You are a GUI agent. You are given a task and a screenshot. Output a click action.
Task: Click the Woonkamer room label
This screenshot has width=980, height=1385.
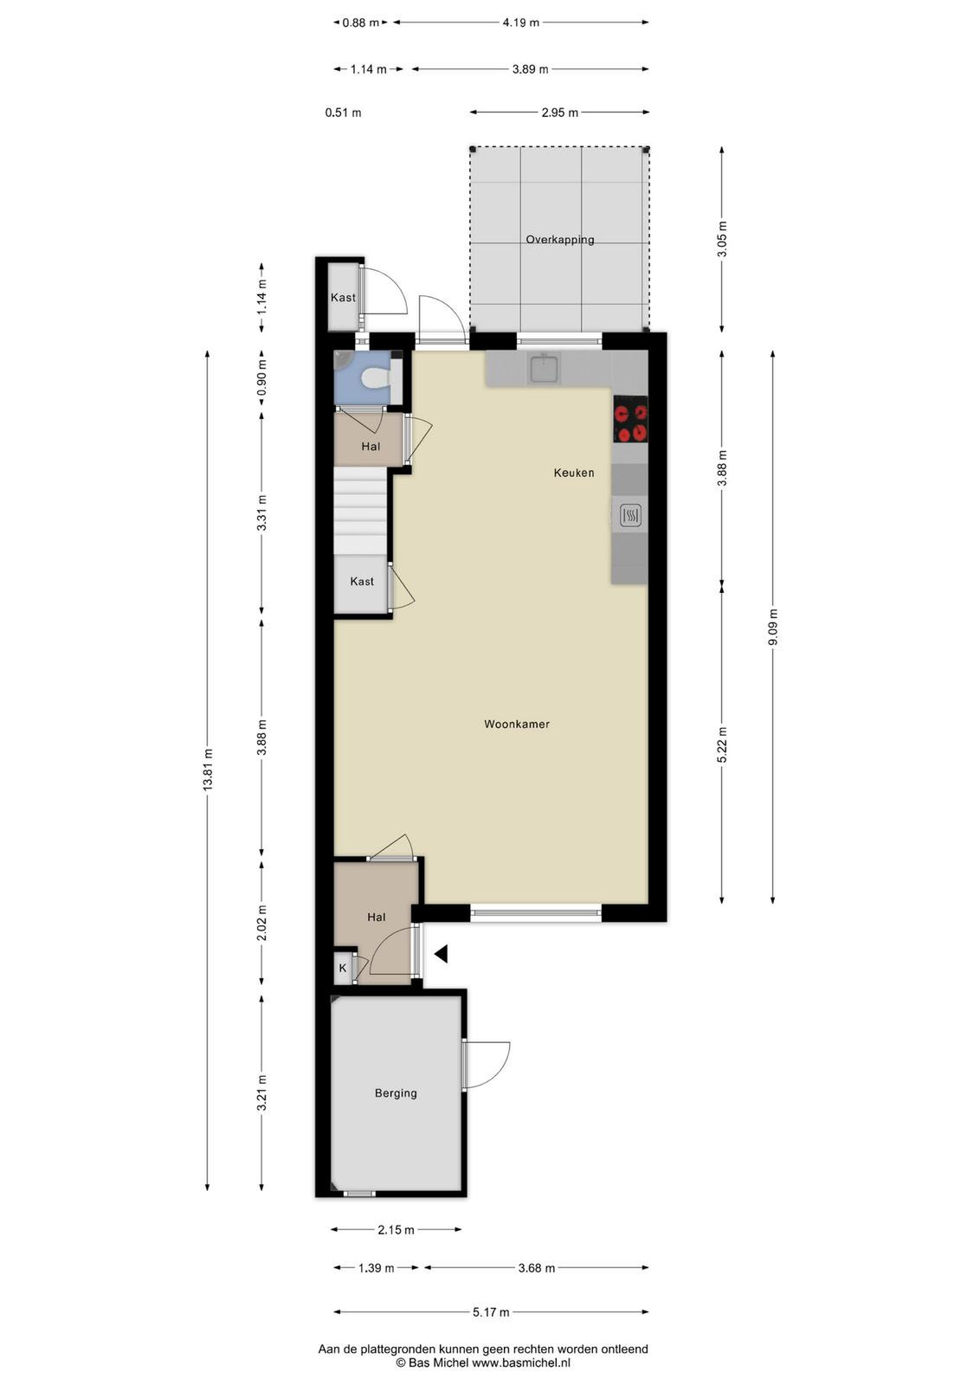[x=516, y=724]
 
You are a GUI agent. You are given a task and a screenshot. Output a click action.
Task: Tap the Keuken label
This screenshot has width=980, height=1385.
[x=574, y=473]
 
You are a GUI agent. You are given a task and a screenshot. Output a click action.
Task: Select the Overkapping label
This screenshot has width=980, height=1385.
[x=559, y=240]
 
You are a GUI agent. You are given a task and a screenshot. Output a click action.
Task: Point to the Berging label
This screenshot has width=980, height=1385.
[x=396, y=1093]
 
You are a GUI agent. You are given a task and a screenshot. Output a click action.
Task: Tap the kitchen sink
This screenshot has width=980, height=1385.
[x=544, y=369]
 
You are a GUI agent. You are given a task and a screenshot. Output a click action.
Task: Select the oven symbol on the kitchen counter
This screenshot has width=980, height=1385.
[x=630, y=515]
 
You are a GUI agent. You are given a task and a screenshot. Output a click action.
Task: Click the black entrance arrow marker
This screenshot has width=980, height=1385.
[x=441, y=954]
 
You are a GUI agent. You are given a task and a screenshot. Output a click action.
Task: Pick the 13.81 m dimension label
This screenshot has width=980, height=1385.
[x=209, y=770]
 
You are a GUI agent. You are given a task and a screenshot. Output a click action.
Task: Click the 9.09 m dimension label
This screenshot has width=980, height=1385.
[x=773, y=627]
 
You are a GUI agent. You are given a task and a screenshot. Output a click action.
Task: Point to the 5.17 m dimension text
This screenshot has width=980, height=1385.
[x=491, y=1312]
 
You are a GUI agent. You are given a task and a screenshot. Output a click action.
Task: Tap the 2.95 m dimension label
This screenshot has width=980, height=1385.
[x=559, y=113]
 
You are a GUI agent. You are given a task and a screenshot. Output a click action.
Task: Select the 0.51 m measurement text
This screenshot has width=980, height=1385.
[x=343, y=113]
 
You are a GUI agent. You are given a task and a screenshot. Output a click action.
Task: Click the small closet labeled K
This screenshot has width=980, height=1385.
[x=343, y=969]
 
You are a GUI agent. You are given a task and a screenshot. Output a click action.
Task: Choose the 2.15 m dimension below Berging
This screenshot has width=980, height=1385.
[x=396, y=1230]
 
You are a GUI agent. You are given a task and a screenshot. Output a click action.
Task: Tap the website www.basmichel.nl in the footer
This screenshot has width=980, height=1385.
[x=521, y=1362]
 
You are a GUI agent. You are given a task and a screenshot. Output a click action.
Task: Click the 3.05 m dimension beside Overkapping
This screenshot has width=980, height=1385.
[x=722, y=239]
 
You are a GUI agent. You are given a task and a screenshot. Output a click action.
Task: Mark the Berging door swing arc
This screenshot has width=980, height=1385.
[x=500, y=1071]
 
